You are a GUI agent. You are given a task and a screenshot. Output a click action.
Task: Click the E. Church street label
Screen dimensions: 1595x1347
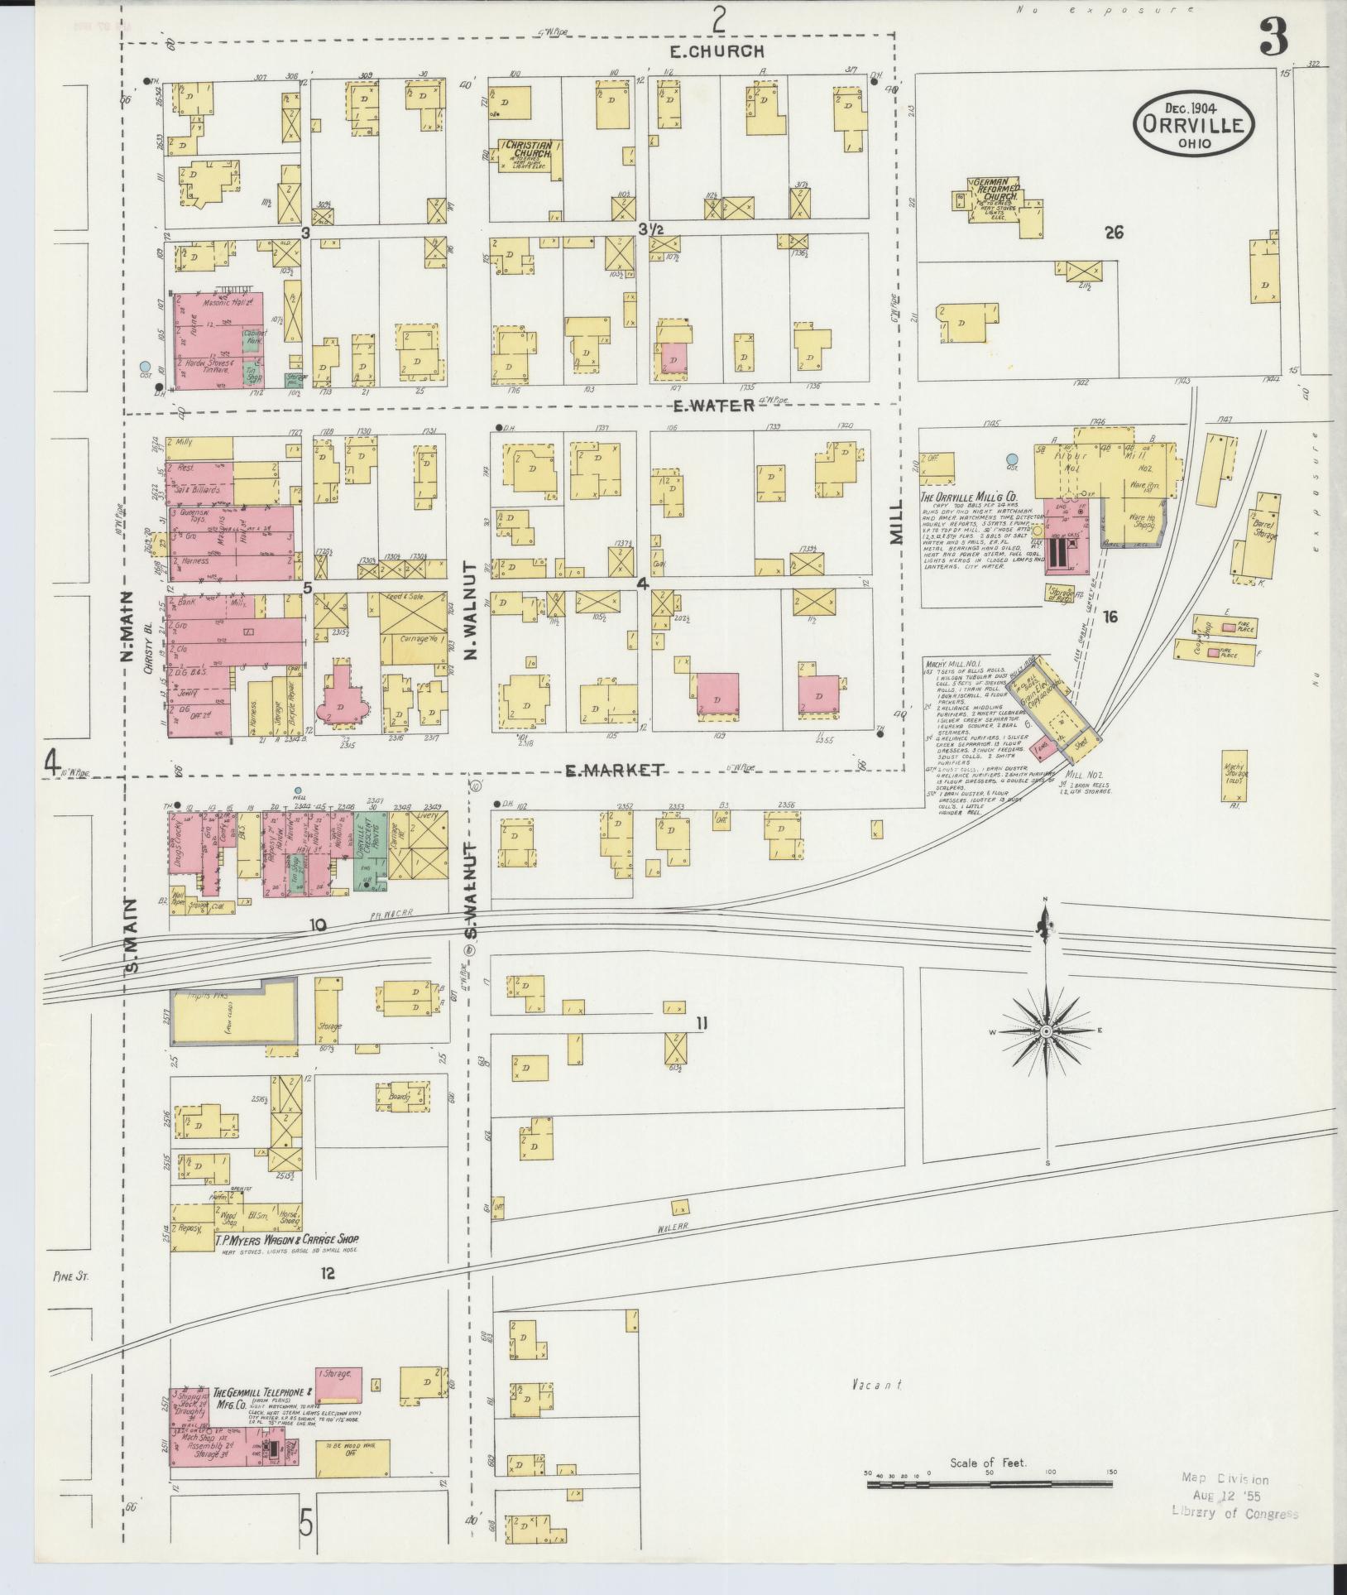[x=717, y=51]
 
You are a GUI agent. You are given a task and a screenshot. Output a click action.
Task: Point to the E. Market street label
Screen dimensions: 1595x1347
[x=613, y=771]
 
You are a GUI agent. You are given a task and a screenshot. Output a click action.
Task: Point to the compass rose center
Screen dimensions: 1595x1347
[x=1046, y=1031]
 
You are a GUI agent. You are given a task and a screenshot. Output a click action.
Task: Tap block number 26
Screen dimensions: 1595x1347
[x=1113, y=233]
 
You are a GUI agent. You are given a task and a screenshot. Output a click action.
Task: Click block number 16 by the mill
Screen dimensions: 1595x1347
[x=1110, y=616]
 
